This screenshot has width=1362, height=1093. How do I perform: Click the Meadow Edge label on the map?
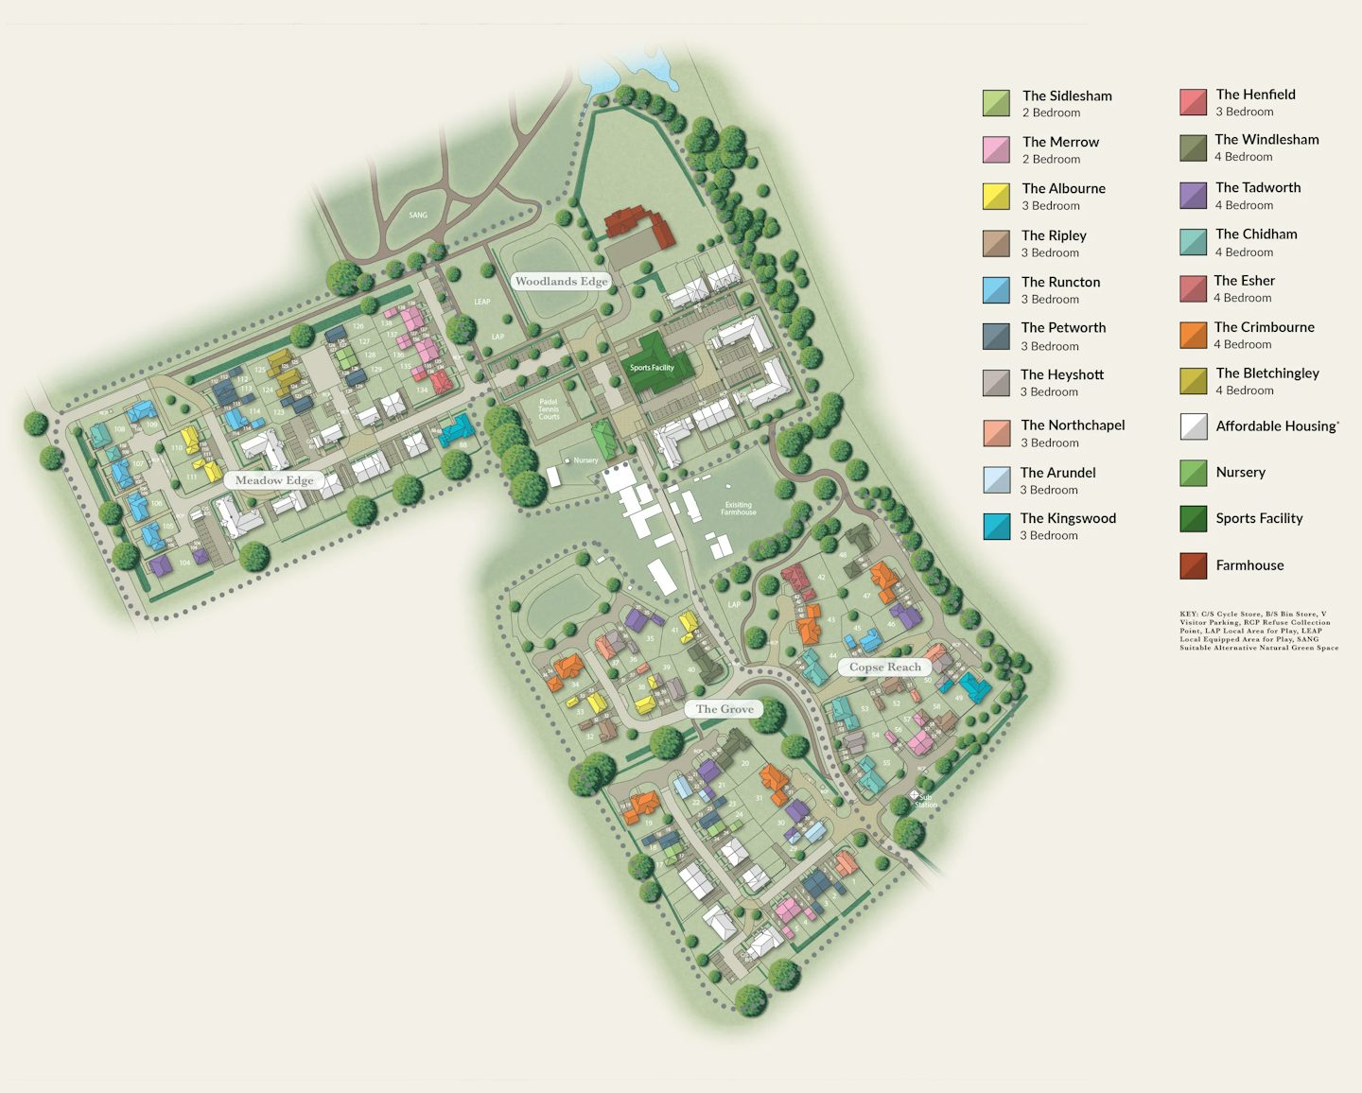274,480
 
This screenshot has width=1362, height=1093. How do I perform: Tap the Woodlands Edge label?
561,281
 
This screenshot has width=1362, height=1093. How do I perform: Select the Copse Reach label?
884,667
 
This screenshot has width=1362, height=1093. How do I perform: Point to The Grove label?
725,709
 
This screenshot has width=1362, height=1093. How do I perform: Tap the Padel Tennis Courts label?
549,408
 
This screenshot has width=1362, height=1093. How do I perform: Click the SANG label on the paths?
418,215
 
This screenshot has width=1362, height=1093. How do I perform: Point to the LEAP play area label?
482,302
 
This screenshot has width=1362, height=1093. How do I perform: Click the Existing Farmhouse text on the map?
739,509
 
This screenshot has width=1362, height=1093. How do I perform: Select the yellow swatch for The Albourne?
996,196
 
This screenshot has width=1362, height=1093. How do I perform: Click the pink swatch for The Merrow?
996,149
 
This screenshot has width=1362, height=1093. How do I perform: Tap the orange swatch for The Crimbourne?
1194,335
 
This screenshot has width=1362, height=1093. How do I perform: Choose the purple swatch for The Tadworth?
1194,196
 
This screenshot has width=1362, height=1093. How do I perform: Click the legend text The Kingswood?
1068,518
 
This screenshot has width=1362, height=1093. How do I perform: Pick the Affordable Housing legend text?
1277,426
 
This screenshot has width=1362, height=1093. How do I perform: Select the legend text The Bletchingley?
1267,373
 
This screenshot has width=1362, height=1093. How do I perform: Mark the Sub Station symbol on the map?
915,797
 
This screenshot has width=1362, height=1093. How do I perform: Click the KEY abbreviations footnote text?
1258,631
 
